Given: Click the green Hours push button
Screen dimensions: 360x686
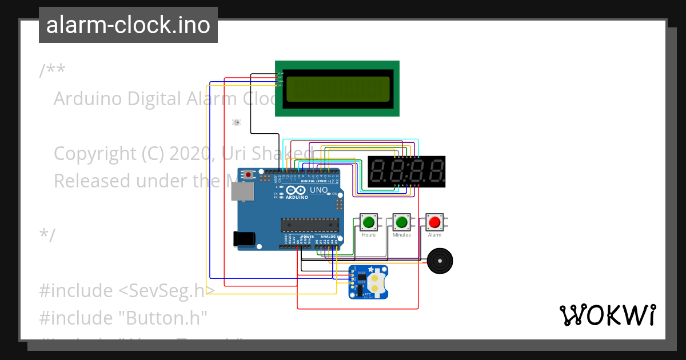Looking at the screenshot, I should pos(369,222).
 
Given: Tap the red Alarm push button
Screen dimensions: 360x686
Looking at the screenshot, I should pos(434,222).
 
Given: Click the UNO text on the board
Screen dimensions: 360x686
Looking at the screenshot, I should pos(318,190).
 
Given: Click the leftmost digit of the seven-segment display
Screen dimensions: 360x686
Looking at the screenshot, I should pos(379,171).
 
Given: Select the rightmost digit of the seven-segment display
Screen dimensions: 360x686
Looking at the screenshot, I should pos(436,171).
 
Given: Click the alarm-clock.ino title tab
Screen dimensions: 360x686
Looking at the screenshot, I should pos(128,25).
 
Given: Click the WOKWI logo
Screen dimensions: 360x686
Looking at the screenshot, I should pos(607,315).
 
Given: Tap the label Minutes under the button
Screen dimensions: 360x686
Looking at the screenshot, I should pos(401,235).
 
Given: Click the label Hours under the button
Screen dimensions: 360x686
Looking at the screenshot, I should pos(369,235).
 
